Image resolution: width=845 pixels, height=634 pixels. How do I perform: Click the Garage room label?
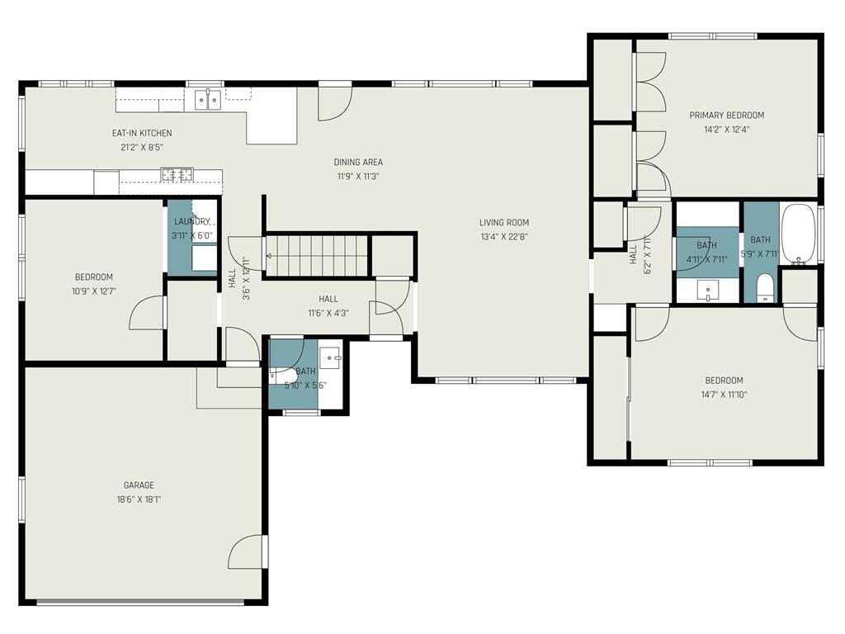[139, 485]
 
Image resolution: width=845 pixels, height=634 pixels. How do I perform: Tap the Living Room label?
[504, 222]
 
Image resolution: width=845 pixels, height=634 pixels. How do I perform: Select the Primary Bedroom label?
[727, 115]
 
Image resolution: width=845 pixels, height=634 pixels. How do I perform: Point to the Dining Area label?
[358, 162]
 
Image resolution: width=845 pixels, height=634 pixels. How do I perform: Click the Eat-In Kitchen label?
[142, 133]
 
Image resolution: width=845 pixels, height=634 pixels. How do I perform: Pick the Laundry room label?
[191, 221]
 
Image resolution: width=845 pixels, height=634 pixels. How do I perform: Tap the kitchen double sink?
[207, 100]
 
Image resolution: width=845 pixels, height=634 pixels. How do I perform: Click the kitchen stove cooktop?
[177, 174]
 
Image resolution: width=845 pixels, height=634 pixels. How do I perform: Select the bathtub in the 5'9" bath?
[798, 233]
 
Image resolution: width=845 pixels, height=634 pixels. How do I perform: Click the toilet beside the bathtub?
[765, 288]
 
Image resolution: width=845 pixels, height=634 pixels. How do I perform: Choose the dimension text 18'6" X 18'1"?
[139, 499]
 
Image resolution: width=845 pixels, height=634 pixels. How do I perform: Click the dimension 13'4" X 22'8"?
[504, 236]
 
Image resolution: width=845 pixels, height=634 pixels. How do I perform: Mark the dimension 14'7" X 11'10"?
[724, 394]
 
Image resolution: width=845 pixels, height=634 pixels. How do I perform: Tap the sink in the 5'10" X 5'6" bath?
[330, 357]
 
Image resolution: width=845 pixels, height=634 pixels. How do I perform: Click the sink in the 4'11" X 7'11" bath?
[707, 291]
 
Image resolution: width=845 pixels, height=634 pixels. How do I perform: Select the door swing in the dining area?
[335, 103]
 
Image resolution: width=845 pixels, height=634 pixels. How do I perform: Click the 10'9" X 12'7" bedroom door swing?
[146, 313]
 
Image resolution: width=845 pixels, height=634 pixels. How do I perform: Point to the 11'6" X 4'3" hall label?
[328, 299]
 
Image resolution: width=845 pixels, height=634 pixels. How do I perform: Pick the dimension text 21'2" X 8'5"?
[142, 147]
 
